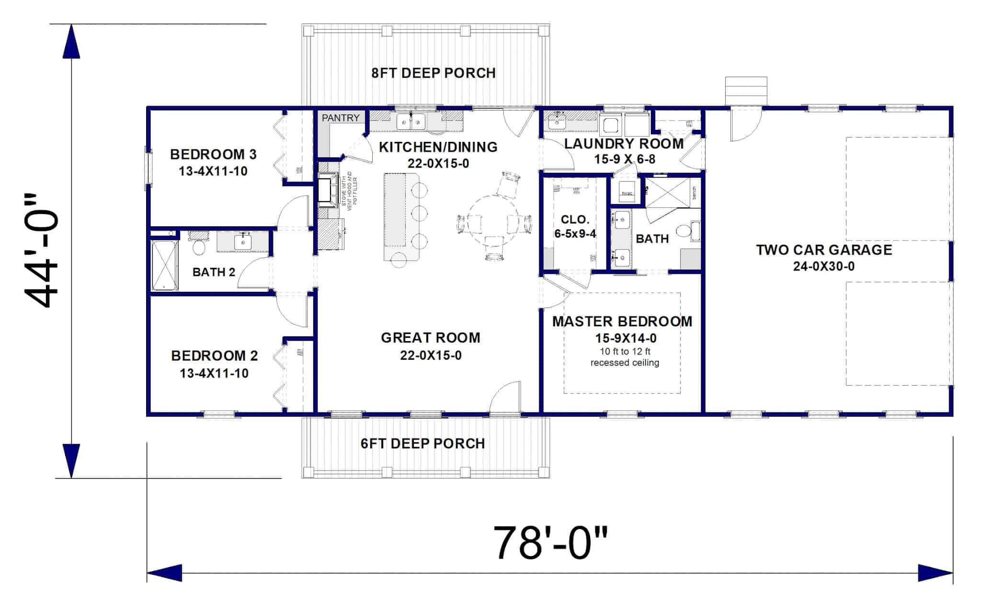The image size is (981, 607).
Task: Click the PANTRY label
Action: coord(340,118)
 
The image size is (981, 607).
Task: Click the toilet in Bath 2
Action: coord(199,246)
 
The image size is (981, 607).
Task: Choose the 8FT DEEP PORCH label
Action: coord(433,73)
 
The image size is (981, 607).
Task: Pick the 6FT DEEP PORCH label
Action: coord(422,444)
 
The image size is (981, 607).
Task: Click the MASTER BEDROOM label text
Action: coord(622,321)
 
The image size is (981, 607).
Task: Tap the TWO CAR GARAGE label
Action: coord(824,250)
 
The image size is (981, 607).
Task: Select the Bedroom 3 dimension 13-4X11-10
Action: coord(213,171)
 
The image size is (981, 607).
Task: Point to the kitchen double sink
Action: coord(411,122)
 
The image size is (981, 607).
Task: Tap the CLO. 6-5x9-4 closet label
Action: coord(575,227)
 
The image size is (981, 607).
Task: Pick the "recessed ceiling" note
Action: coord(625,363)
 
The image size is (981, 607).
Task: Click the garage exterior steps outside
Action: coord(746,91)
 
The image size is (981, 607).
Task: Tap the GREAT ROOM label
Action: coord(430,338)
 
